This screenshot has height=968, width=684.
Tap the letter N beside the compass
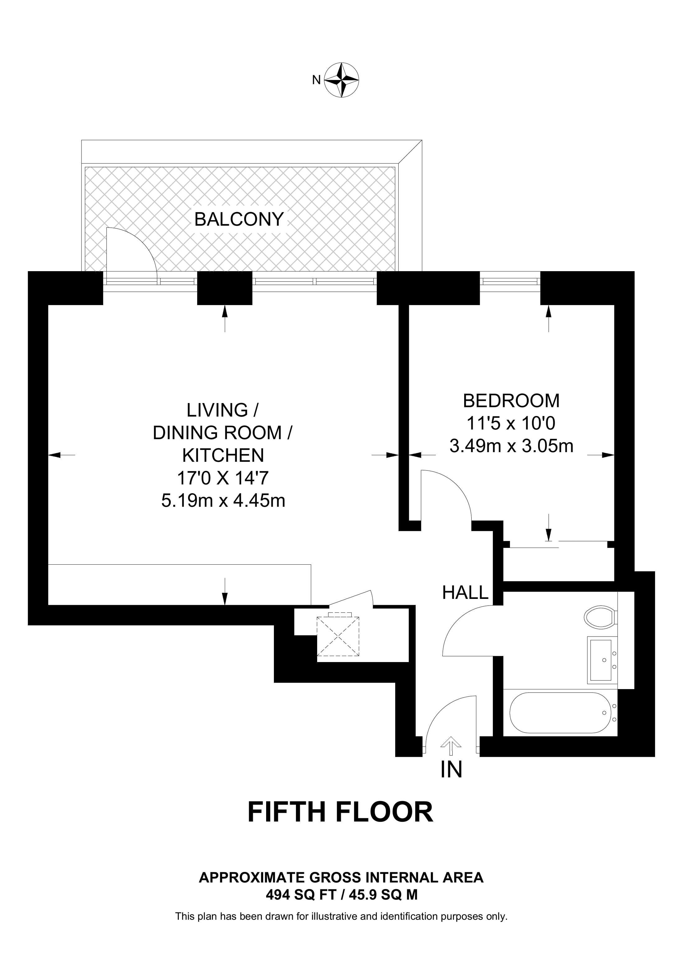[x=316, y=80]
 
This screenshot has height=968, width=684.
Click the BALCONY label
[x=239, y=219]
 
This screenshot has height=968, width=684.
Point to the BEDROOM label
[x=511, y=401]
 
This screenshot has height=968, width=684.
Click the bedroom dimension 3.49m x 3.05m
[x=511, y=446]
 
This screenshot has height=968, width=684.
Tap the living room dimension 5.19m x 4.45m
[x=223, y=501]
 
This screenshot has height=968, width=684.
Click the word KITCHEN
[x=223, y=455]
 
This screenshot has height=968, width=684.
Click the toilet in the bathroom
[x=601, y=618]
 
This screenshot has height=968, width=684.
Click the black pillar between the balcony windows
[x=224, y=288]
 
